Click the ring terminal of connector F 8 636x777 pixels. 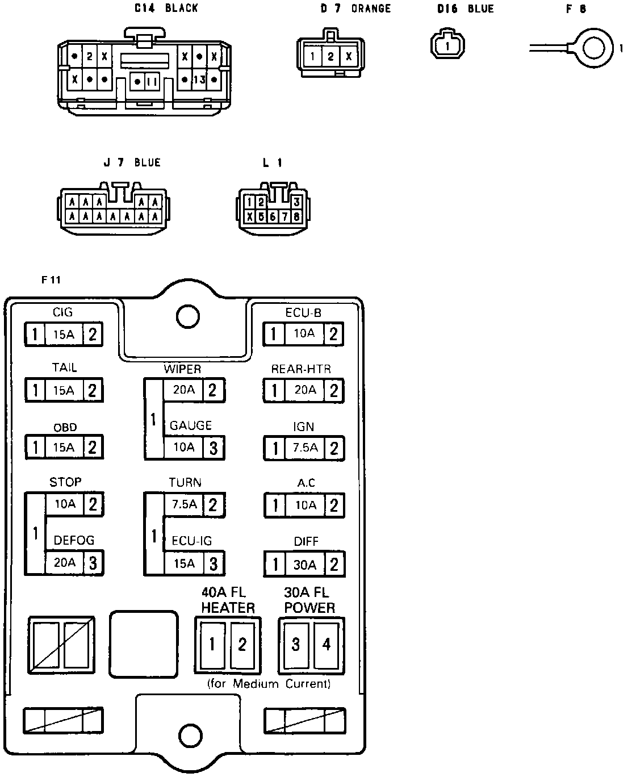coord(593,49)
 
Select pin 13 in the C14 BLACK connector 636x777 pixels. coord(199,80)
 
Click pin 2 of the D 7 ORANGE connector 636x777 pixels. coord(331,56)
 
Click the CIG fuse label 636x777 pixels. coord(62,312)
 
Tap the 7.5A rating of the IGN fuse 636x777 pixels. coord(305,448)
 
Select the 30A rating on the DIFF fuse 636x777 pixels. coord(305,565)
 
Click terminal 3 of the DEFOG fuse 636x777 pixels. coord(93,563)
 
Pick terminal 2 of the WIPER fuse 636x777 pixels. coord(213,390)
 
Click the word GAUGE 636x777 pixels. coord(191,425)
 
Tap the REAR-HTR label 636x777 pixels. coord(301,369)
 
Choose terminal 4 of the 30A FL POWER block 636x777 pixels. coord(327,644)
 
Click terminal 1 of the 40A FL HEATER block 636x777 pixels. coord(212,644)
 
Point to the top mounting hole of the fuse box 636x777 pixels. coord(187,316)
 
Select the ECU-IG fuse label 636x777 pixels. coord(191,541)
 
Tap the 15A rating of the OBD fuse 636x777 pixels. coord(64,447)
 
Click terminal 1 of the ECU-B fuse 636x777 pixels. coord(274,334)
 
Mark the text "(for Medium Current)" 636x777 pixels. coord(269,683)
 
